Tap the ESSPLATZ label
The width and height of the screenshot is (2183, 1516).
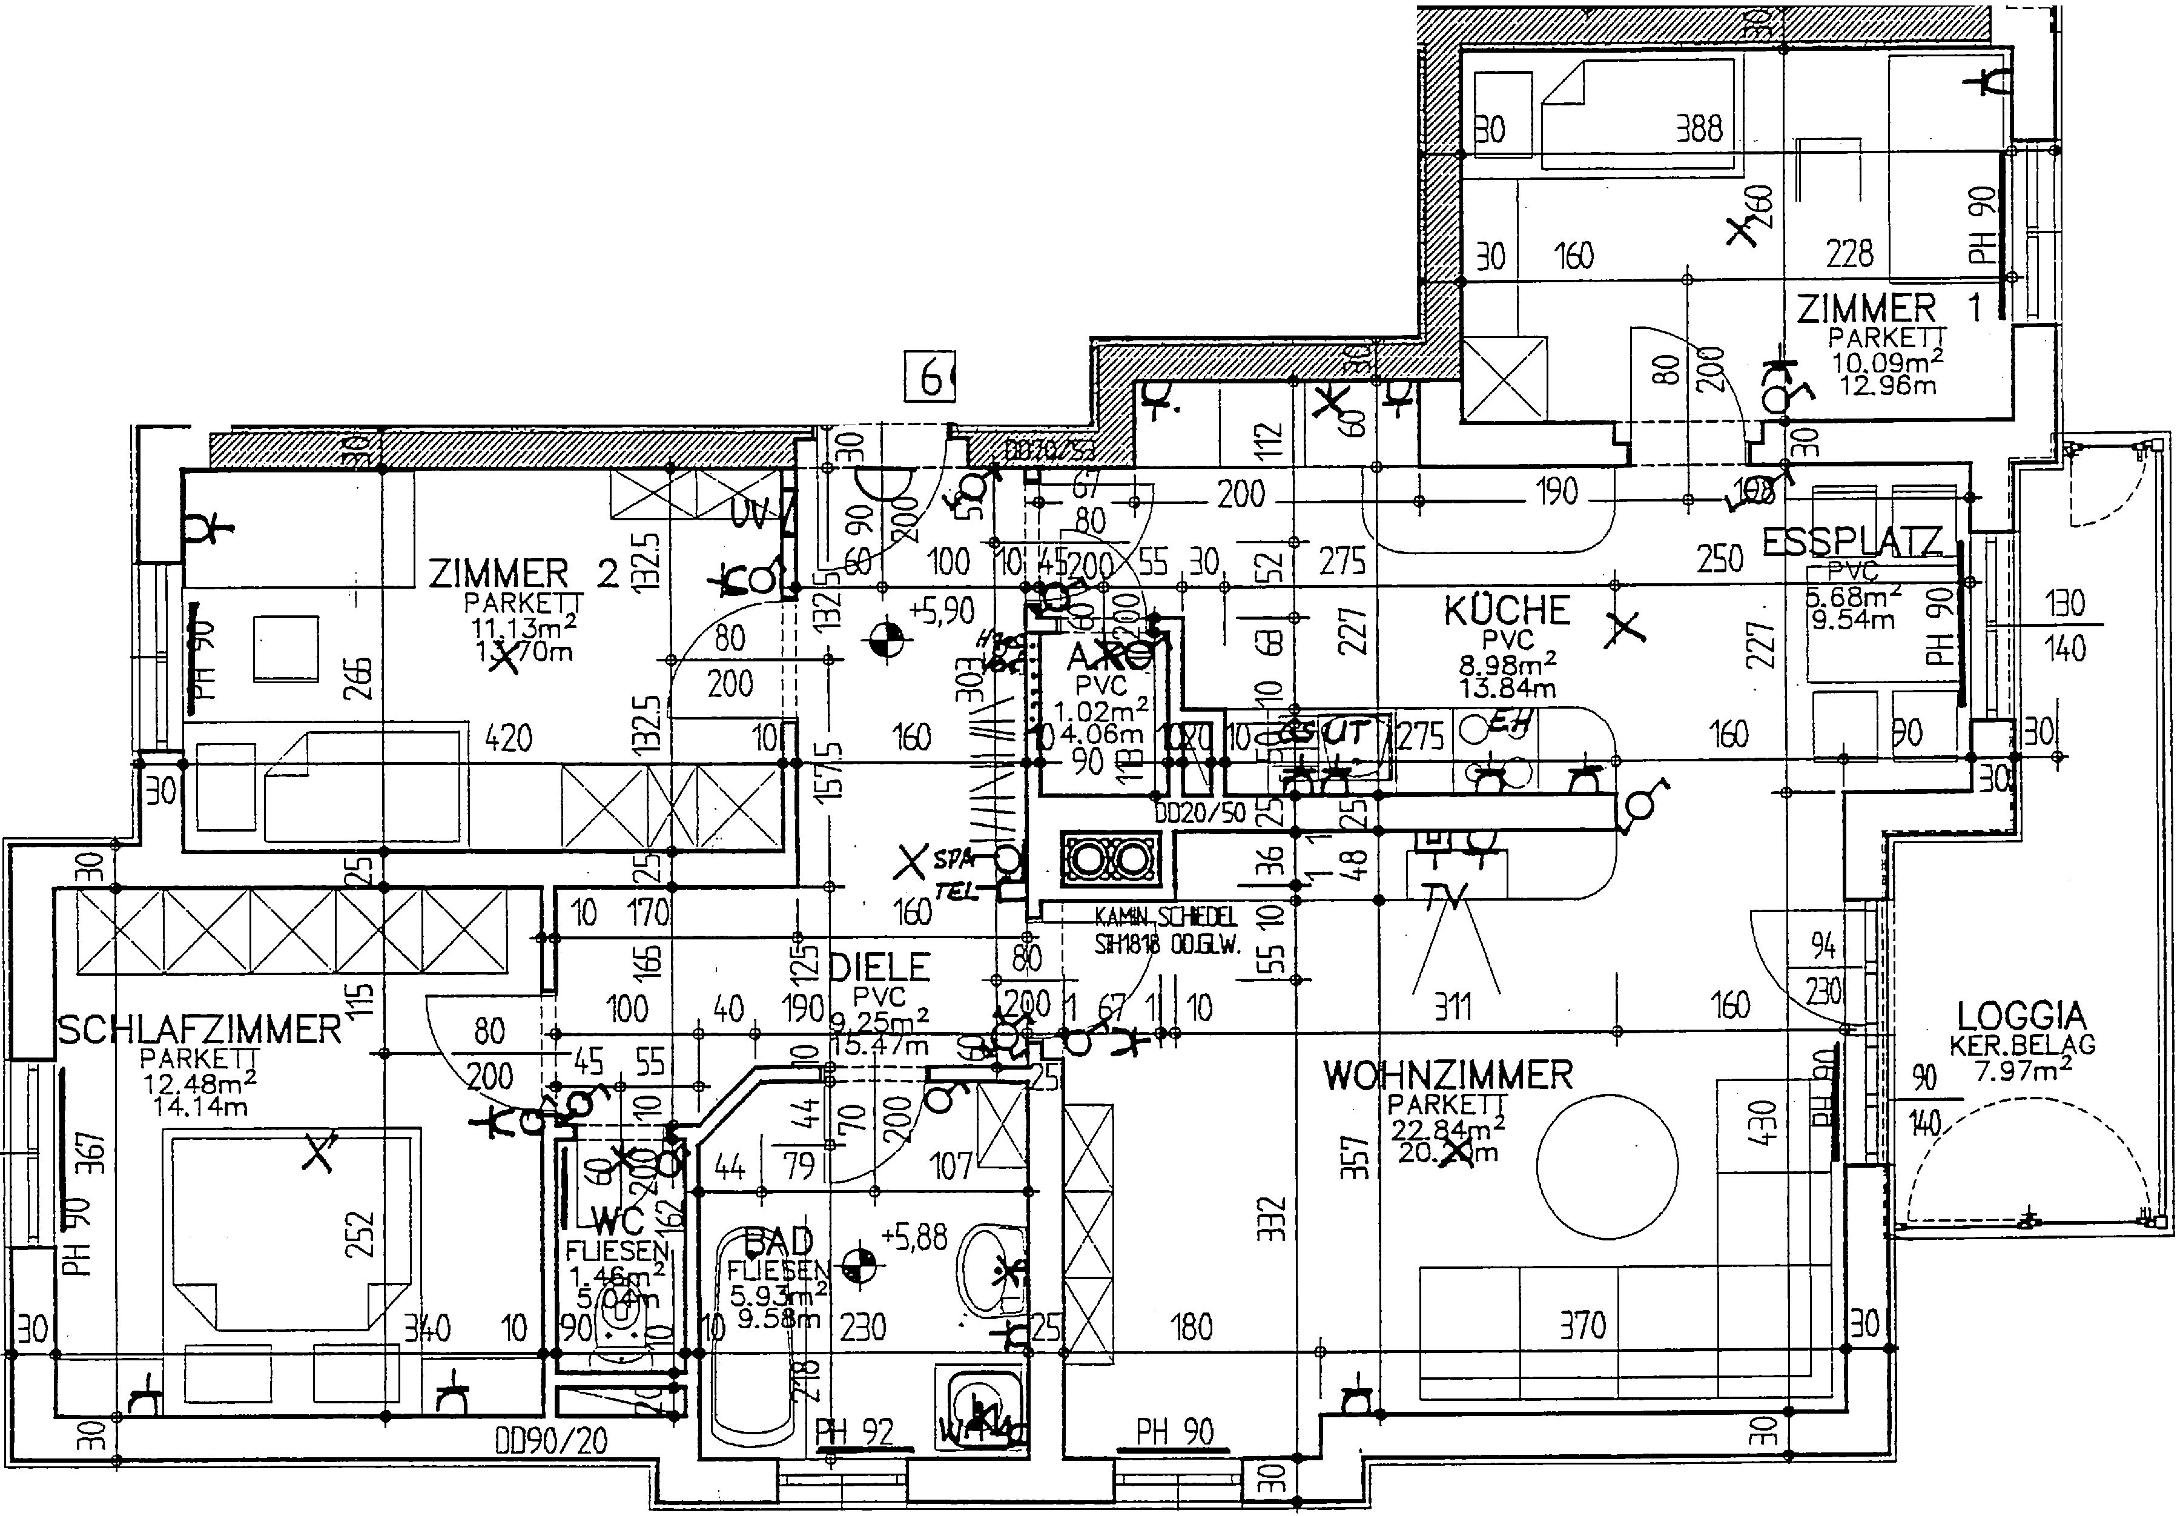click(1852, 541)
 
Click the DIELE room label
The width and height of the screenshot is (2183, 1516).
click(879, 968)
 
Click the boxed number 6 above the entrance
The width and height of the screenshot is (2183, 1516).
click(931, 378)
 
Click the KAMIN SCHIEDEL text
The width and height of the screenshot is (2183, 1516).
click(1165, 916)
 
